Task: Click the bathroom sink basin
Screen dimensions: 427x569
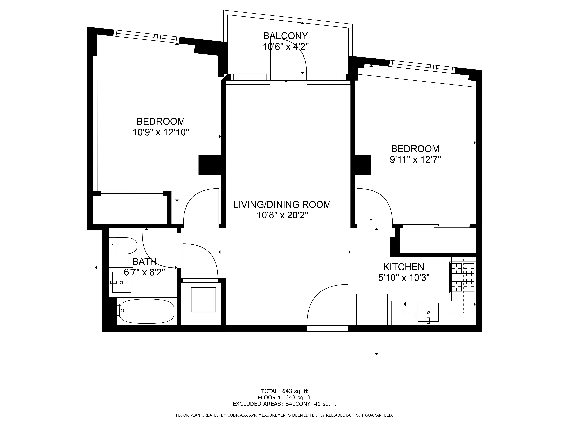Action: pos(122,282)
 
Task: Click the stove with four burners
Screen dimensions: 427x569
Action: pos(462,277)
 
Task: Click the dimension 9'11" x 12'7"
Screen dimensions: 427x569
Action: pos(415,160)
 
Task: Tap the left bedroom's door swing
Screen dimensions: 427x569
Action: pos(201,207)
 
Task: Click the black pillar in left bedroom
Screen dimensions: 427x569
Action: pos(210,165)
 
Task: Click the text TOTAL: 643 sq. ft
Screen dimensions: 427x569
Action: pos(284,391)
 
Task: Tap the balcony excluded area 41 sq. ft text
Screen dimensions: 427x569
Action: pos(284,404)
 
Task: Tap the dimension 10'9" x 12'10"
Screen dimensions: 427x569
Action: pos(161,132)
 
